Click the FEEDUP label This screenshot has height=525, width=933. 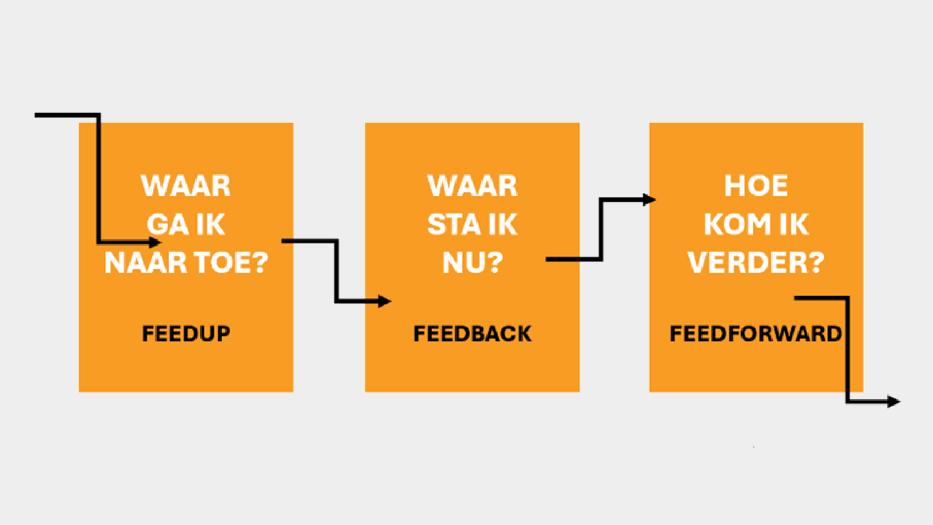pyautogui.click(x=186, y=333)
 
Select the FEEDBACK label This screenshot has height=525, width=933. pyautogui.click(x=472, y=333)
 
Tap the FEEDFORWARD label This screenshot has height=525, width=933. pyautogui.click(x=755, y=333)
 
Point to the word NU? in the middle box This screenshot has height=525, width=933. pyautogui.click(x=472, y=262)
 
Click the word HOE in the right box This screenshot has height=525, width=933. pyautogui.click(x=756, y=186)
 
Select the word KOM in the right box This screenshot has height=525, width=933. pyautogui.click(x=738, y=224)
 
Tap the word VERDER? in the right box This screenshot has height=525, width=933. pyautogui.click(x=756, y=262)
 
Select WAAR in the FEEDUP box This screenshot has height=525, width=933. pyautogui.click(x=185, y=186)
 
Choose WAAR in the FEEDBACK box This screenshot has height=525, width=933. pyautogui.click(x=472, y=186)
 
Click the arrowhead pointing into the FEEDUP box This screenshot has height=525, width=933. pyautogui.click(x=155, y=242)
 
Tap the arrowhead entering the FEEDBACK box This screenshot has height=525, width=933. pyautogui.click(x=385, y=301)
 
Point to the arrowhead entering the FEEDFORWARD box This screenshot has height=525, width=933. pyautogui.click(x=649, y=199)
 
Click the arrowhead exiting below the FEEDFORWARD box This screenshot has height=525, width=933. pyautogui.click(x=894, y=402)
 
